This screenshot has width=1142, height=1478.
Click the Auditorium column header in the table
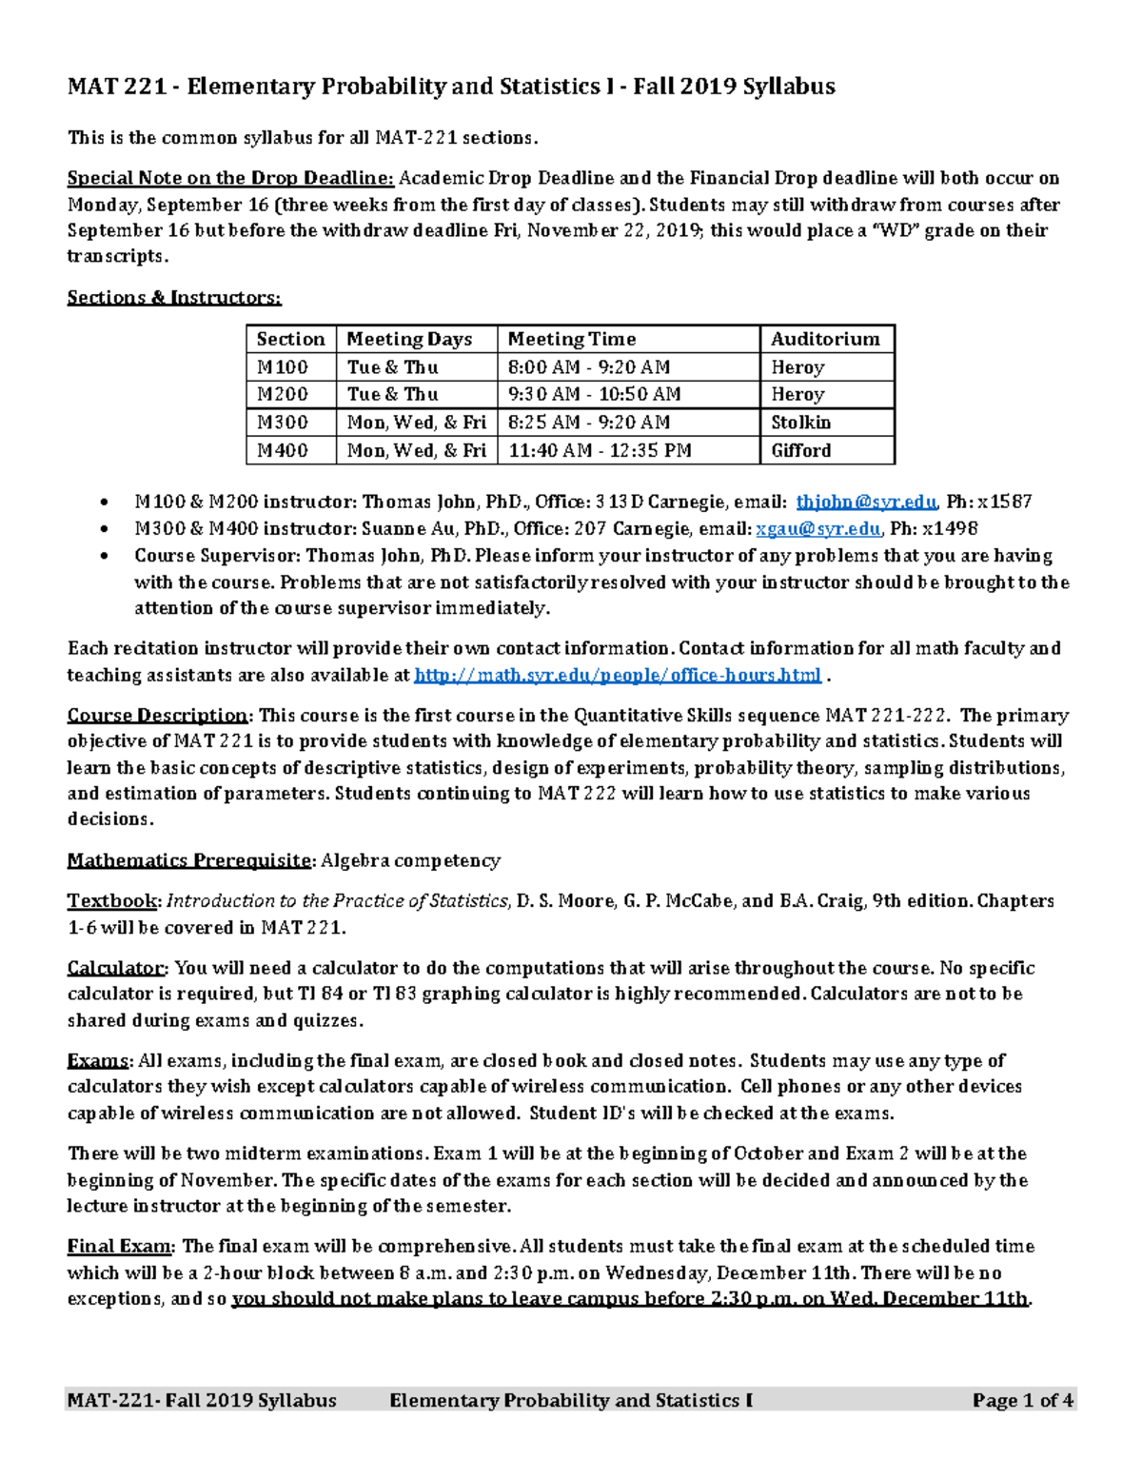coord(824,339)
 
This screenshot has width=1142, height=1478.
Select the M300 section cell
coord(283,423)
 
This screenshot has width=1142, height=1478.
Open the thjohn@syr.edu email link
coord(866,502)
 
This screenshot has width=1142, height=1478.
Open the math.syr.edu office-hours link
coord(619,675)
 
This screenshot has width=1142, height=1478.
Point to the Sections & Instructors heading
coord(174,298)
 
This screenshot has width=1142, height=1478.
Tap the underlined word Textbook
coord(114,900)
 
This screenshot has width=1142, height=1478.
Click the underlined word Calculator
coord(117,968)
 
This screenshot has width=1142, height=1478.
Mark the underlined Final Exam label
coord(120,1246)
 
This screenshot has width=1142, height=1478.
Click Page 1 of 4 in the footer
coord(1023,1400)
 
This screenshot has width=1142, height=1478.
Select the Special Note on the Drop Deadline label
coord(230,178)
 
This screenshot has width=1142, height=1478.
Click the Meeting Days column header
coord(409,339)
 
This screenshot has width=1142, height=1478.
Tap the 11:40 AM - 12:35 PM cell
coord(600,450)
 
